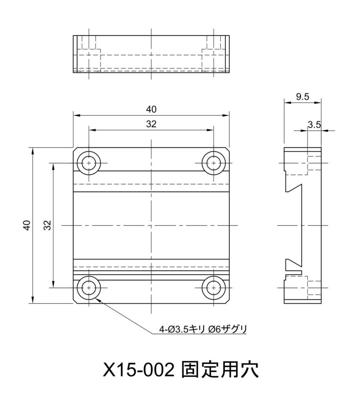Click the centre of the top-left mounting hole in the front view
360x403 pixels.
pos(89,163)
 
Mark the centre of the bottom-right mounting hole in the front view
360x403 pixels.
pos(213,288)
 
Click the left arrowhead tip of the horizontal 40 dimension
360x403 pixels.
pos(73,116)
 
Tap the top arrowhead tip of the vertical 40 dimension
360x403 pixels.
pos(33,148)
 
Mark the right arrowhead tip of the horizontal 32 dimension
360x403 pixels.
pos(213,130)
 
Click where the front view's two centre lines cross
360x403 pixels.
pos(151,226)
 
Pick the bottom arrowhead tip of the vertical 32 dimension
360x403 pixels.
pos(53,288)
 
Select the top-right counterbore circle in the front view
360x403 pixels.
pos(213,163)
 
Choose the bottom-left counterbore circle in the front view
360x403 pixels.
pos(89,288)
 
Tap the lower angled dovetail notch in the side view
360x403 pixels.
pos(293,263)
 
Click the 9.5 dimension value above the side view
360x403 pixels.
pos(302,97)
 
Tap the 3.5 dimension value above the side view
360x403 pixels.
pos(314,125)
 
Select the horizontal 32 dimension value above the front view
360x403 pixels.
pos(151,124)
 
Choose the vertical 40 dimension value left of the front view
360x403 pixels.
pos(27,225)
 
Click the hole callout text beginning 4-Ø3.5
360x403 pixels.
pos(203,329)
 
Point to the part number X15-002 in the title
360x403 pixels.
pos(139,370)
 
